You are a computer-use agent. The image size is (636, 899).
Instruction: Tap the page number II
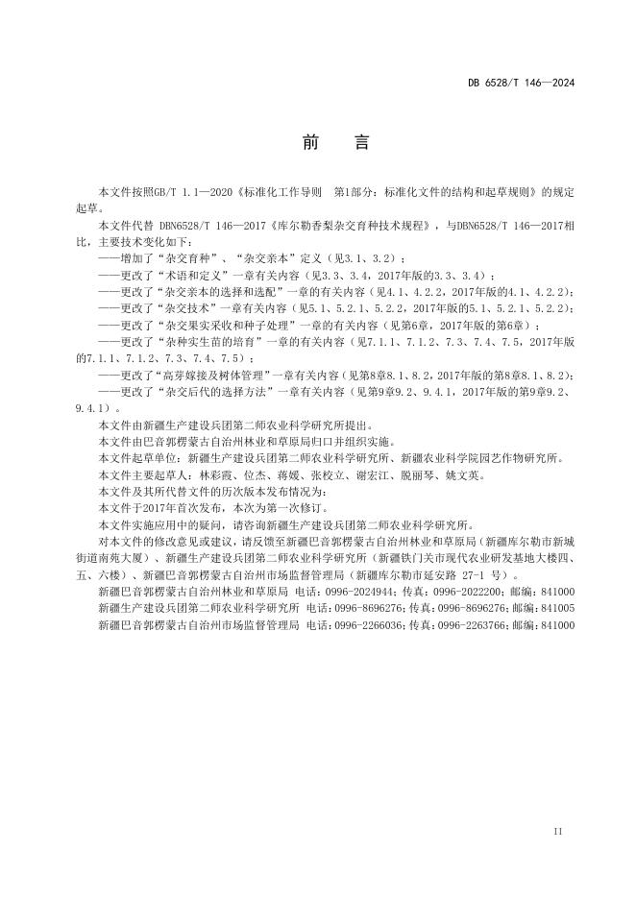(x=559, y=828)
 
